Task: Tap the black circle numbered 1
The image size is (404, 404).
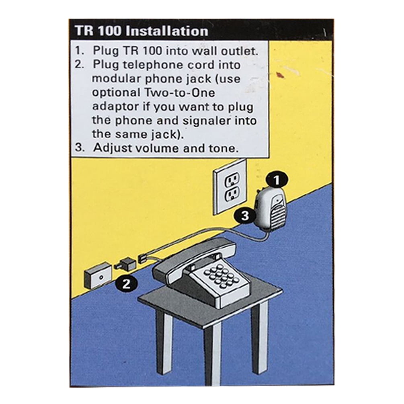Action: tap(277, 180)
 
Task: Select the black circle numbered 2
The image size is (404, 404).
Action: tap(126, 284)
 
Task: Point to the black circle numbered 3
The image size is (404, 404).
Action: tap(245, 215)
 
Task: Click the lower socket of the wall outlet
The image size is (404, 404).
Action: tap(232, 194)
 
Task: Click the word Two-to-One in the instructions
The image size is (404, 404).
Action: tap(180, 92)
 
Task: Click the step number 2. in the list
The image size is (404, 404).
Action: tap(80, 64)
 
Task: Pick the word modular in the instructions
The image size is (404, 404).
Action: tap(117, 78)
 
